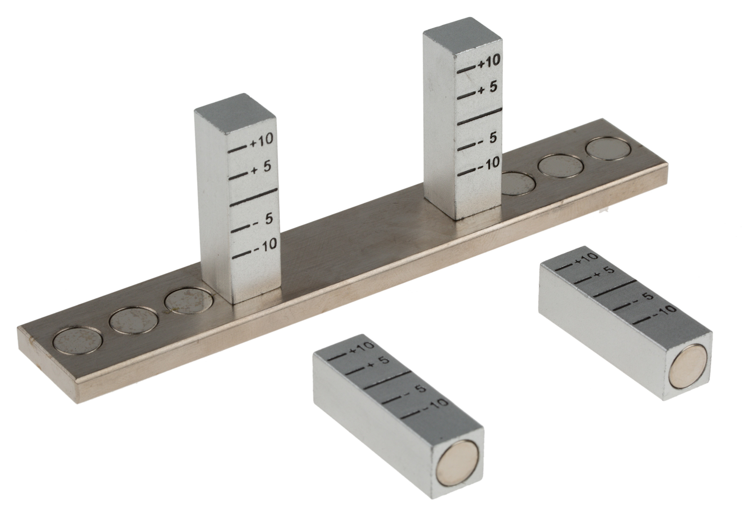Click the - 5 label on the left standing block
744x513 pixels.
point(263,219)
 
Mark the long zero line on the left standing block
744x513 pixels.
point(253,197)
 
